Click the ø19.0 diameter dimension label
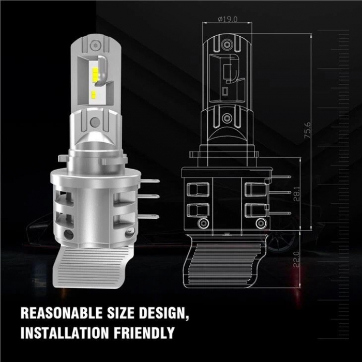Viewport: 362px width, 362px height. [228, 19]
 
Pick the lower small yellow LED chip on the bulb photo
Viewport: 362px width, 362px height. [94, 94]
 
